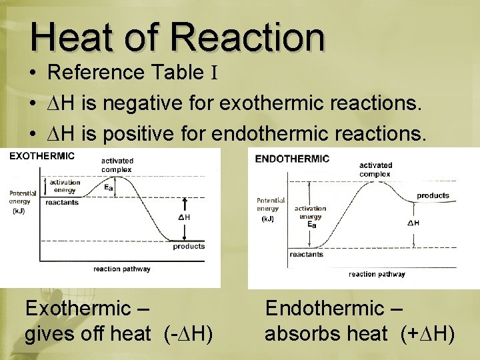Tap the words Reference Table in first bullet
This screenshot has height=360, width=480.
[123, 72]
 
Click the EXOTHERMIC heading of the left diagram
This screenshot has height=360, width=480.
[41, 156]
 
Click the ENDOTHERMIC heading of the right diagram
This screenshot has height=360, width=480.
[293, 159]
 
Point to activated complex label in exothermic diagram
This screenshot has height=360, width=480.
[117, 165]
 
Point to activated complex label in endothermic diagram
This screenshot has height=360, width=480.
[375, 169]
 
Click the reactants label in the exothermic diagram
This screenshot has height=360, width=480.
[62, 202]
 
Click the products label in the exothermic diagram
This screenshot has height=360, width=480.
[189, 247]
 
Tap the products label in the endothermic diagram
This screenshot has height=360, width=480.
[433, 195]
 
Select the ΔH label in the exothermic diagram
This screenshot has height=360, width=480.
[184, 217]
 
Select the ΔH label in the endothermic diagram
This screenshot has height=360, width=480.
[413, 223]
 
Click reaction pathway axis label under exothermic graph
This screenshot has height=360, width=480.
[121, 269]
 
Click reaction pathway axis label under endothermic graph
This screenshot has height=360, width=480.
[377, 274]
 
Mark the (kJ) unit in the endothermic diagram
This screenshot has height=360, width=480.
[267, 219]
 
